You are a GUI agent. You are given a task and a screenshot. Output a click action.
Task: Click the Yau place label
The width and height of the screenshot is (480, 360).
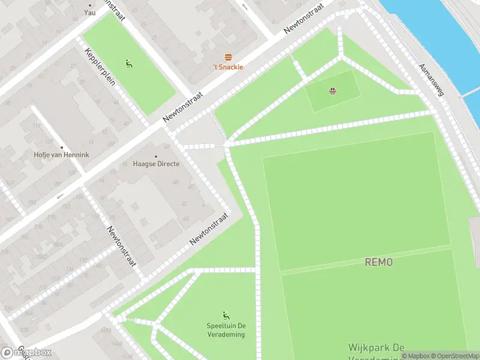tap(90, 12)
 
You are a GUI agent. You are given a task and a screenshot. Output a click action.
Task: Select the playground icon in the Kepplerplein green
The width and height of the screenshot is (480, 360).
tap(129, 63)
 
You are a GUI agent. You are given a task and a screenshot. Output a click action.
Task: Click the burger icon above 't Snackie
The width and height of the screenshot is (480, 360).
tap(228, 58)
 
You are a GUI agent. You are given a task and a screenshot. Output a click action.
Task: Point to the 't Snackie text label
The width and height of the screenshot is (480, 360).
tap(229, 67)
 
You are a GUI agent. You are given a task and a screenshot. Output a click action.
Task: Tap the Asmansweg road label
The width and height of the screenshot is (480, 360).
tap(431, 80)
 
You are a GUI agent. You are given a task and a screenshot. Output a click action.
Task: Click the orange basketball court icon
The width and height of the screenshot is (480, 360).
tap(332, 91)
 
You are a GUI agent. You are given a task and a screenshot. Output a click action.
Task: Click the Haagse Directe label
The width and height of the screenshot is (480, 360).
tap(156, 164)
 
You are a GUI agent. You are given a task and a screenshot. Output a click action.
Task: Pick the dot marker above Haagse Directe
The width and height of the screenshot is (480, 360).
tap(156, 157)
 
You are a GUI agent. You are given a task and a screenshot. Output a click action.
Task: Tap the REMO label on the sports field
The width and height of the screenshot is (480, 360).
tap(379, 262)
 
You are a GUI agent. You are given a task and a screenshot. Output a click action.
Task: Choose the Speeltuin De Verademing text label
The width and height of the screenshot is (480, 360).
tap(226, 330)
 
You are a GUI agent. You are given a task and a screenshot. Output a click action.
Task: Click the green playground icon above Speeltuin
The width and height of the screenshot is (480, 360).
tap(226, 316)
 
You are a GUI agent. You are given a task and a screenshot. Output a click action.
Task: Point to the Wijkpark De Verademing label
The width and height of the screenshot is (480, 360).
tap(376, 351)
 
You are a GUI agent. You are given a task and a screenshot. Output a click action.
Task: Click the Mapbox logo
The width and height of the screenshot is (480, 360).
tap(26, 352)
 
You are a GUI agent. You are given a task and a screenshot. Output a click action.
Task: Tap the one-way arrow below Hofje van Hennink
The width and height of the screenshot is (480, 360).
tap(59, 196)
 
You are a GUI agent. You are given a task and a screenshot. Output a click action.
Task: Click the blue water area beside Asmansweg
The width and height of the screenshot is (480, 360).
tap(438, 30)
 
